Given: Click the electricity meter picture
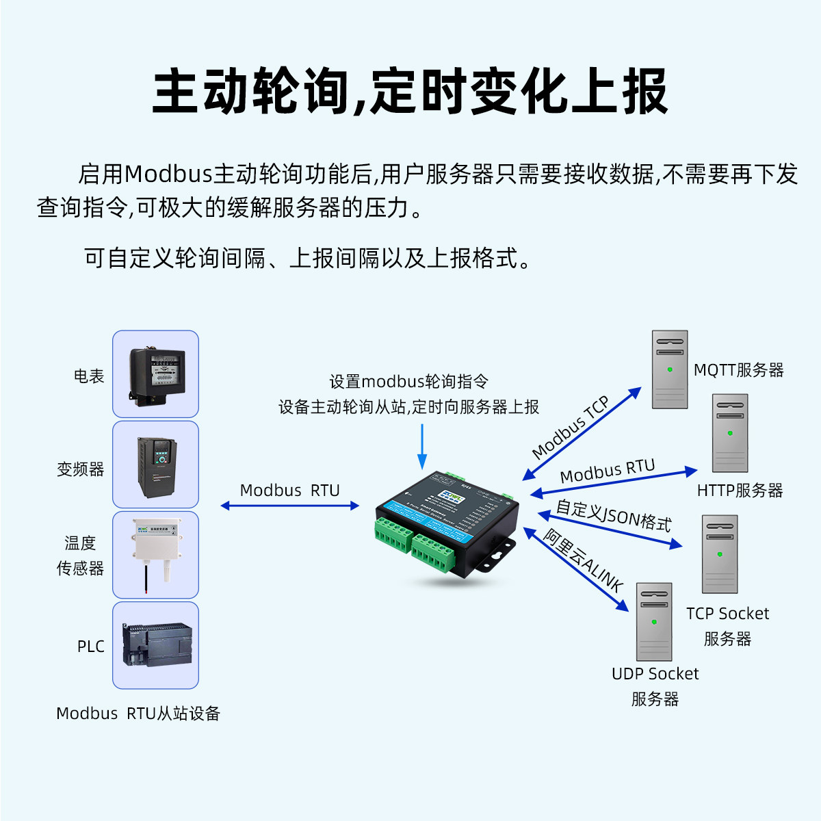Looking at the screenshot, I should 156,374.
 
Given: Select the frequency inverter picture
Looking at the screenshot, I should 156,465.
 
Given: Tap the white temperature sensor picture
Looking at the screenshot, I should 156,554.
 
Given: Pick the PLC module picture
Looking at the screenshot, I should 156,644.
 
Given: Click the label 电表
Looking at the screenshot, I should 89,376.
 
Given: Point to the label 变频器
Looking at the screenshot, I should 81,469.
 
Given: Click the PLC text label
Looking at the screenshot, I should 90,647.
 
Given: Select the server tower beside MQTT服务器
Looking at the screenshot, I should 670,369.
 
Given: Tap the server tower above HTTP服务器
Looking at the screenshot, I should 730,432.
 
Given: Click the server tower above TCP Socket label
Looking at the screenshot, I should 720,553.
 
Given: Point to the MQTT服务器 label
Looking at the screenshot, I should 739,370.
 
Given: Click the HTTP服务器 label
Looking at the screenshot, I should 740,491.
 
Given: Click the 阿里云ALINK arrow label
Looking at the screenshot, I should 584,560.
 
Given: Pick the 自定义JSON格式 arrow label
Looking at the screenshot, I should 614,515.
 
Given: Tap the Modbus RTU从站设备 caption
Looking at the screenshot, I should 138,714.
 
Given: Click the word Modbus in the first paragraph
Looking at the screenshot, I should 168,174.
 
